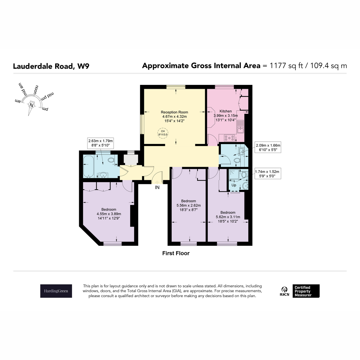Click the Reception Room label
pos(174,112)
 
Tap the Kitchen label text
pos(226,111)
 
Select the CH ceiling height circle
pos(163,133)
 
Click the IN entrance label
pos(157,187)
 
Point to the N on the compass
pos(31,105)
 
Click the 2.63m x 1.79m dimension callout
pos(100,143)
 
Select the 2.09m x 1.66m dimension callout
pos(268,147)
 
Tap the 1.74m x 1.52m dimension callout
pos(267,174)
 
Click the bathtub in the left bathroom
pos(89,166)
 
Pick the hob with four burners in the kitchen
pos(229,138)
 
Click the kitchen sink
pos(240,127)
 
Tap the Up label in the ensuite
pos(234,185)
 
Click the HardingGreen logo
pos(56,291)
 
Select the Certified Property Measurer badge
pos(306,291)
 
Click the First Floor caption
pos(176,253)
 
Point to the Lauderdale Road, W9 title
pos(51,66)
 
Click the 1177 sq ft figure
pos(286,66)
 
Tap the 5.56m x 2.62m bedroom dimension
pos(188,205)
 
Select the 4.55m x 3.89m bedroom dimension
pos(109,214)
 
